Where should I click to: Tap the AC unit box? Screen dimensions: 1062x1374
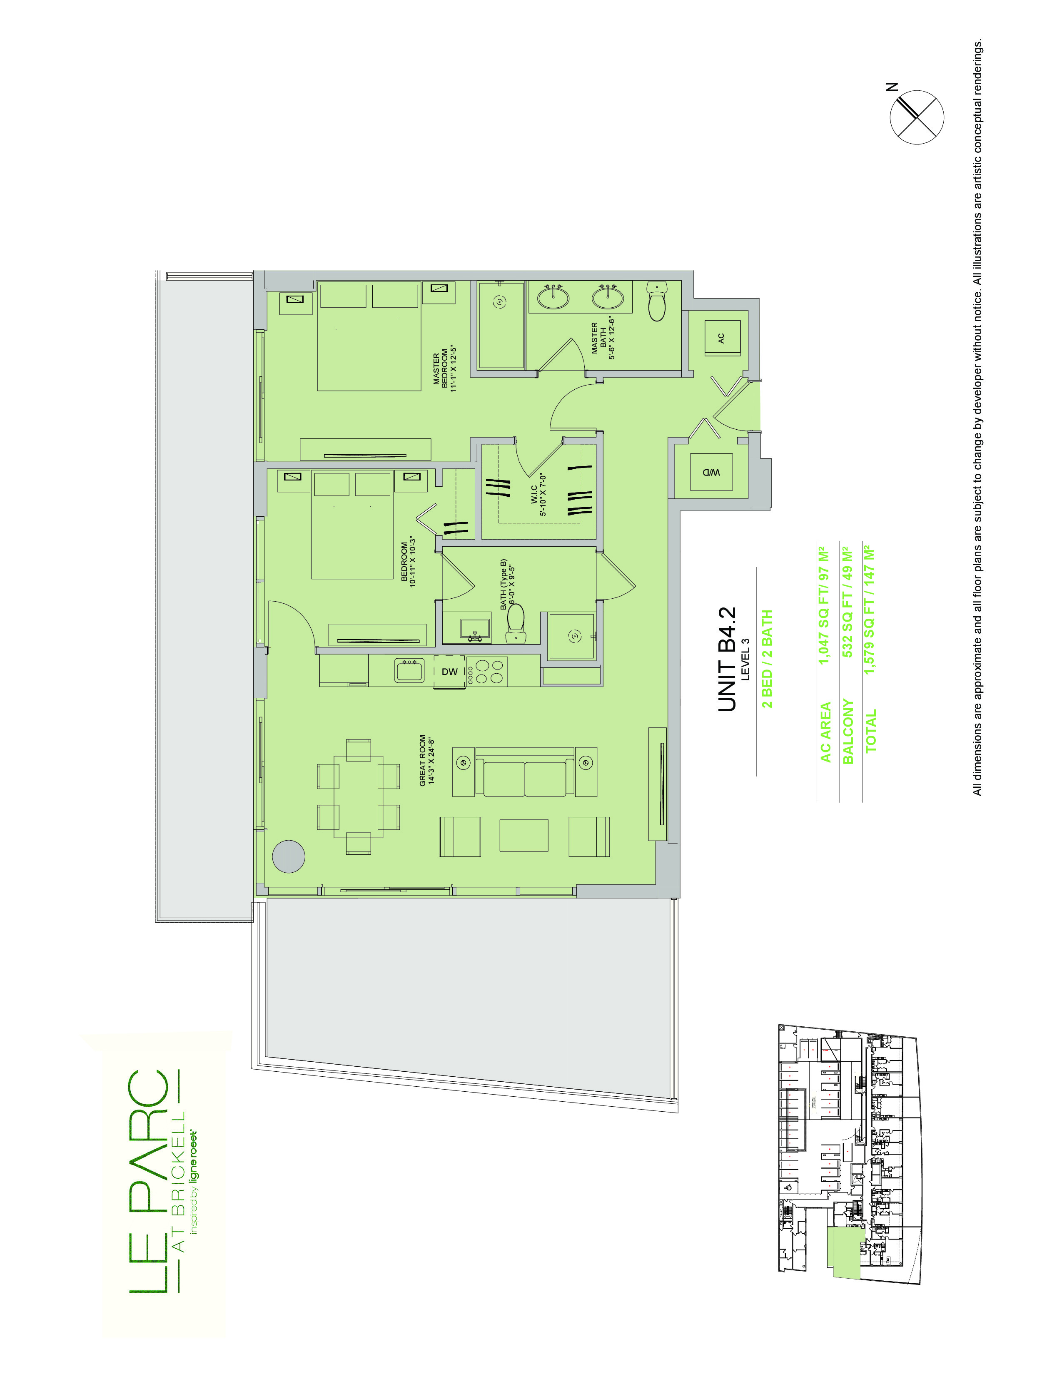click(722, 338)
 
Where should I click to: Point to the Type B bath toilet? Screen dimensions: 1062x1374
click(516, 623)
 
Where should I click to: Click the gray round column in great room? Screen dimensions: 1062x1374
click(289, 856)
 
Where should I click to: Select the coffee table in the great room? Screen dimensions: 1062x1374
click(524, 835)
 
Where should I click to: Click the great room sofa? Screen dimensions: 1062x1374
click(525, 772)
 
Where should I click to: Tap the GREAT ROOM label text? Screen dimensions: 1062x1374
click(427, 761)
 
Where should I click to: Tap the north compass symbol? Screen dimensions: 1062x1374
click(917, 117)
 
